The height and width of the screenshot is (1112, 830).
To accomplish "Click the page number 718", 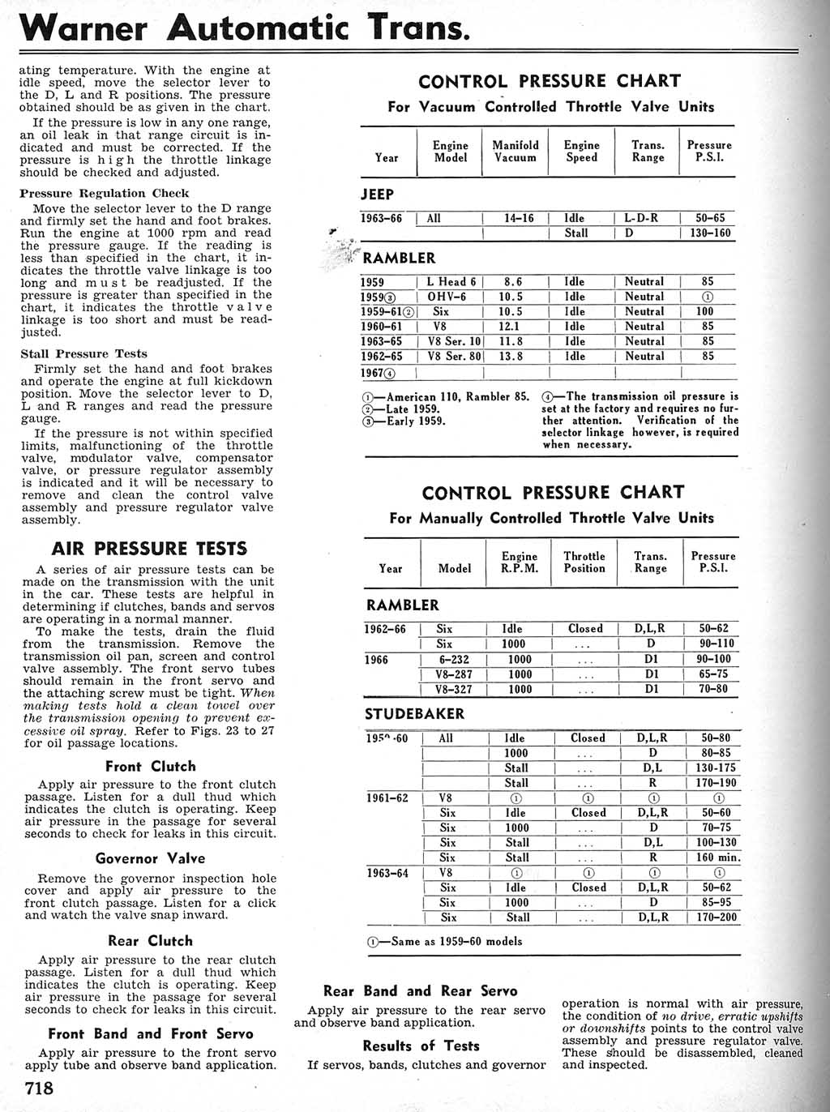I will click(39, 1088).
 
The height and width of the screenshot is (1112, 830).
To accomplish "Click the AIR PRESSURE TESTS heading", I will click(149, 549).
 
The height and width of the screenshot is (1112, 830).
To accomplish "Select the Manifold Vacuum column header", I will click(516, 152).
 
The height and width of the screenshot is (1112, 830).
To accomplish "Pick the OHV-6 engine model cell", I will click(447, 297).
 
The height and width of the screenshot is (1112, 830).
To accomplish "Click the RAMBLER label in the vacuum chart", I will click(399, 258).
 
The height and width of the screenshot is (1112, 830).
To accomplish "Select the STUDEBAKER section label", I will click(414, 714).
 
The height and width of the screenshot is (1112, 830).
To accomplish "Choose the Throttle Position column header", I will click(584, 562).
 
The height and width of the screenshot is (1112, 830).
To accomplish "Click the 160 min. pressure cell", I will click(717, 858).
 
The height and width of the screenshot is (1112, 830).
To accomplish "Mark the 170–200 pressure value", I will click(717, 917).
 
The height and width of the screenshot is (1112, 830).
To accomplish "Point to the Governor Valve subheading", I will click(150, 858).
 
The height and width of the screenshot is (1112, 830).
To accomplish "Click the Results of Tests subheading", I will click(421, 1046).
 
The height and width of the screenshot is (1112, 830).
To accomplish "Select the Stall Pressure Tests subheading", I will click(84, 353).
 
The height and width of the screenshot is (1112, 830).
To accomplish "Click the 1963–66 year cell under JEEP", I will click(381, 218).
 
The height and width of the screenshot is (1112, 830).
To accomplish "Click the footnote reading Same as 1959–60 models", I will click(445, 941).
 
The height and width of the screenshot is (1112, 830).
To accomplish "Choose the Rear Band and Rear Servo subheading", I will click(420, 990).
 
